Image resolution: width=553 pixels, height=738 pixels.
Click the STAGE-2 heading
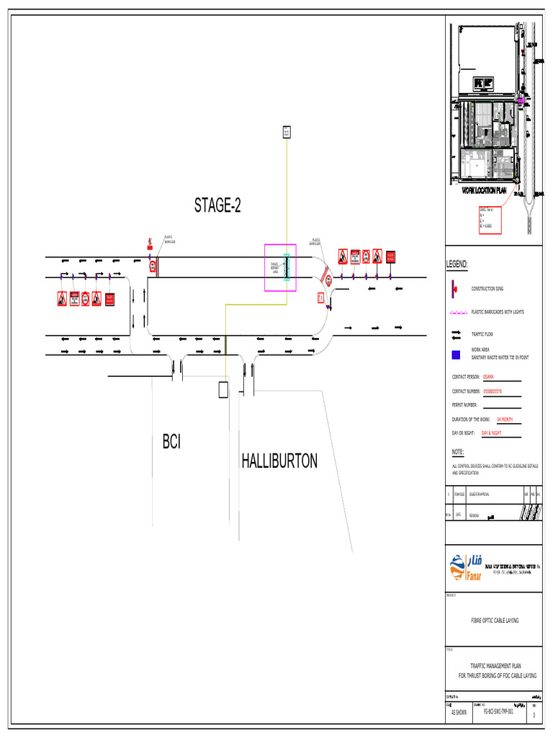[217, 206]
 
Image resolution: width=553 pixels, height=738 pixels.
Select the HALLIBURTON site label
[279, 461]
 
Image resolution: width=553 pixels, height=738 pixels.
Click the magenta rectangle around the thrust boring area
[280, 267]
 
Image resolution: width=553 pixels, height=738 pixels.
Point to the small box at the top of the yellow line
[286, 132]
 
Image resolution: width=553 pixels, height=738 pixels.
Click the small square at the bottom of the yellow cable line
[224, 390]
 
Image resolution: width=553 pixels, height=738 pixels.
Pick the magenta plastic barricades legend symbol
[458, 312]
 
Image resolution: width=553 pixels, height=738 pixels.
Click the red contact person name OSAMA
[489, 376]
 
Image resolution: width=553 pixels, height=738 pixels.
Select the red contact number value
[493, 391]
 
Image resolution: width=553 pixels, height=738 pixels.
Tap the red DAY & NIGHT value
[491, 433]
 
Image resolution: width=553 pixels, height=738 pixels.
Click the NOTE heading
[458, 452]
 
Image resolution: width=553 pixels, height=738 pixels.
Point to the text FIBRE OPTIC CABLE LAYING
[494, 620]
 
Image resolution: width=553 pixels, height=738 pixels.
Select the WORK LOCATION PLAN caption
[484, 192]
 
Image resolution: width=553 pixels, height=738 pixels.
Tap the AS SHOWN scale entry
[459, 711]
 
